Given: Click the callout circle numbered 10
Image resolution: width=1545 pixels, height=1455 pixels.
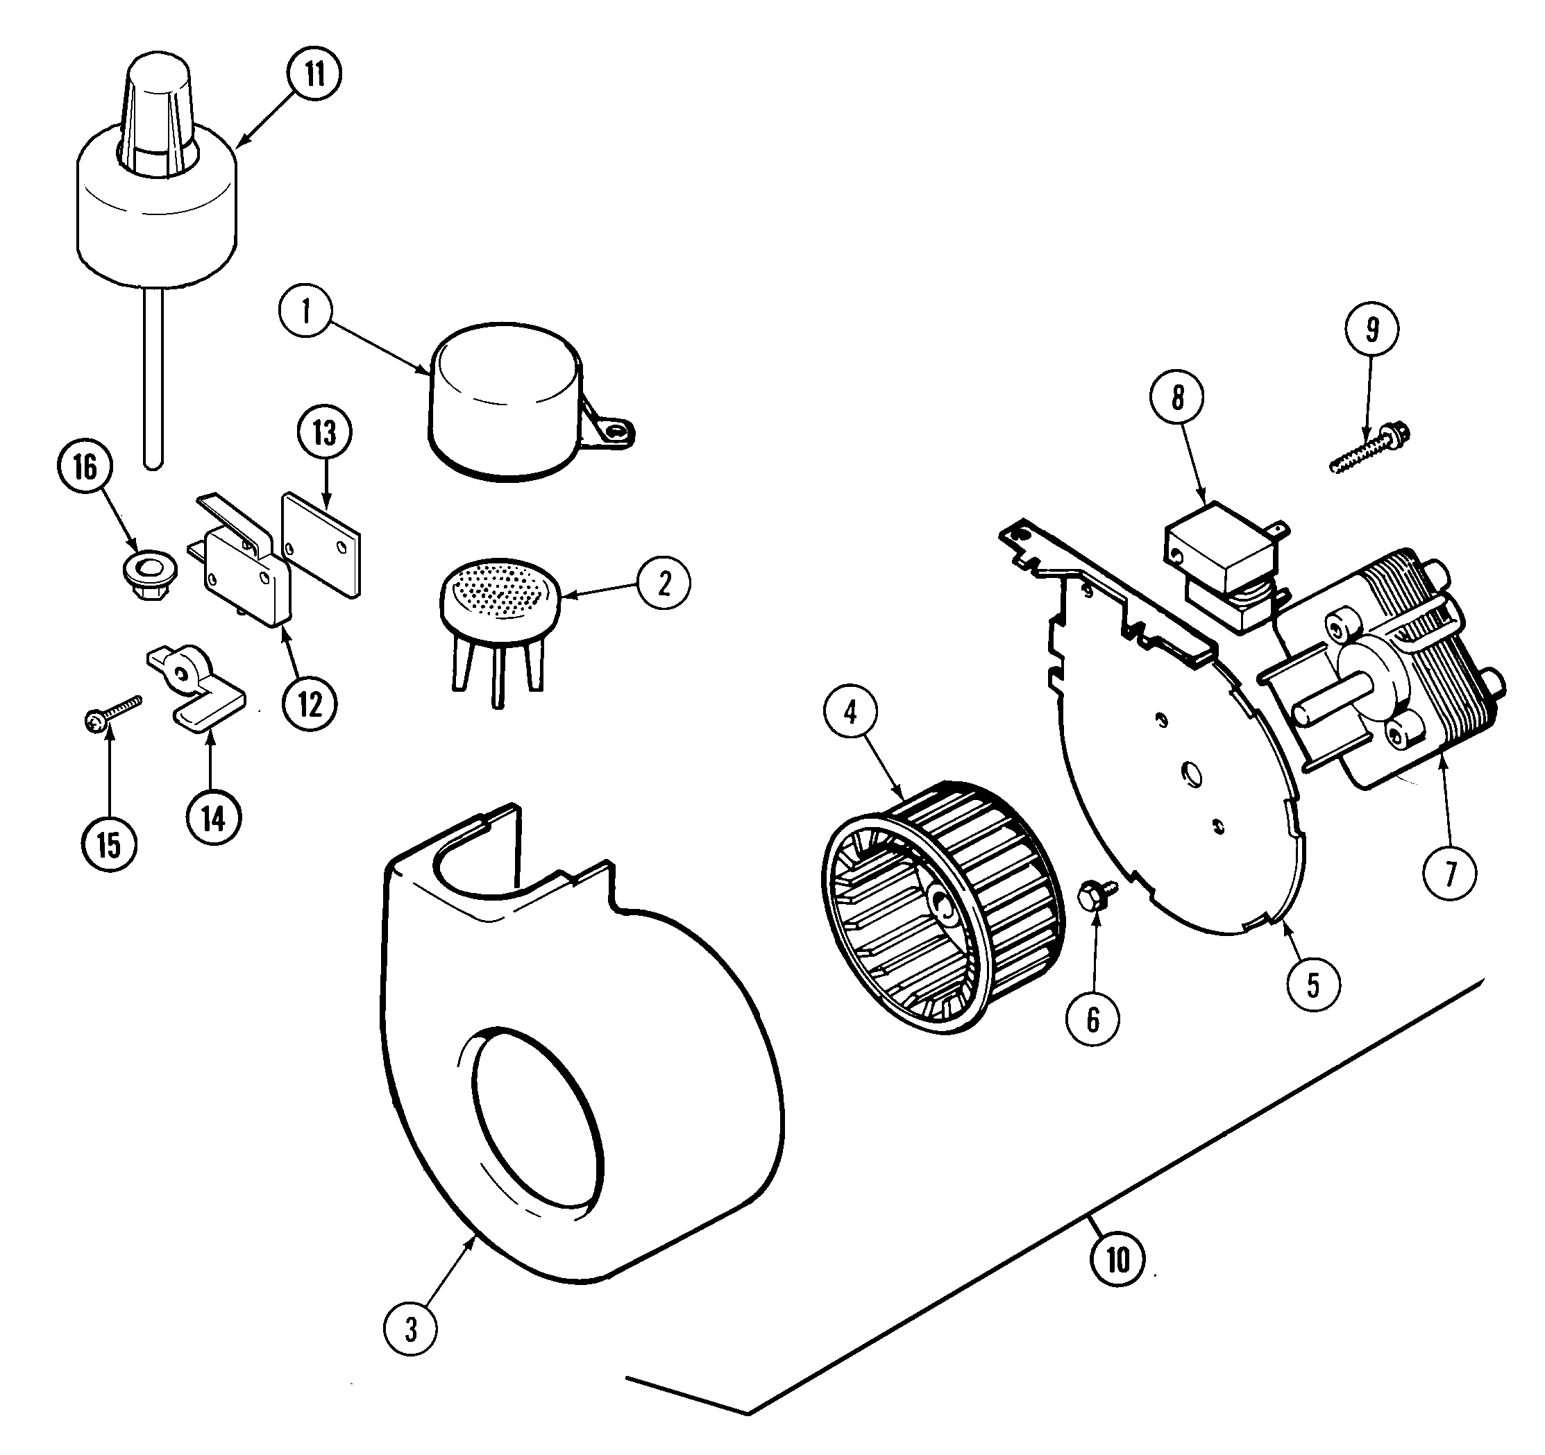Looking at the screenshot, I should [x=1117, y=1259].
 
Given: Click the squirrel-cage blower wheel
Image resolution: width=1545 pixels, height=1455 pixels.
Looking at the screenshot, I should [x=942, y=904].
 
